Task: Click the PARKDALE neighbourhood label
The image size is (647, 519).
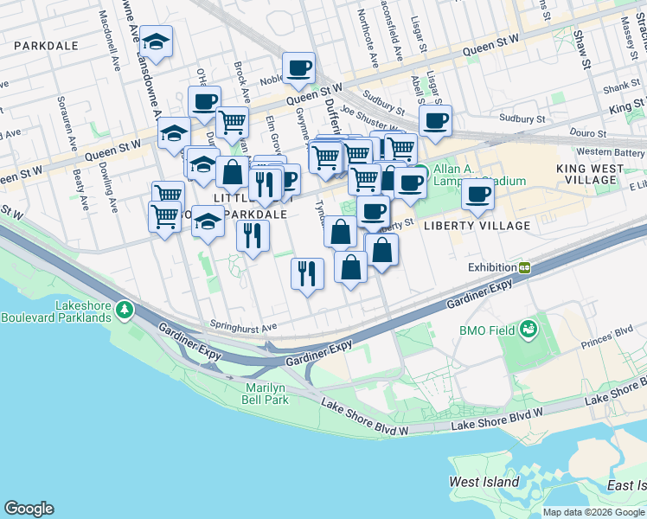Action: pos(46,45)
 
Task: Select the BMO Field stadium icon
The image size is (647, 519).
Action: pos(528,330)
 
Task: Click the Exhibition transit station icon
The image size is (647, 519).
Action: pos(524,267)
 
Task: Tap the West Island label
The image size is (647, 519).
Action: pos(484,482)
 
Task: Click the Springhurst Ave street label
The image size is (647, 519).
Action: pos(243,327)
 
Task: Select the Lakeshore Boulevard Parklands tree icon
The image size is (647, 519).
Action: pos(125,309)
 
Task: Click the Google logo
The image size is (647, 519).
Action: pos(29,509)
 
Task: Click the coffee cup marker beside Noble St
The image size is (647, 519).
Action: pos(298,68)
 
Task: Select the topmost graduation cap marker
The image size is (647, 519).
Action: pos(156,42)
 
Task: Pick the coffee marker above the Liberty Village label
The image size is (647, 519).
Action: pos(477,195)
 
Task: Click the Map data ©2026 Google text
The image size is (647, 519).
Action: pos(594,512)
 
